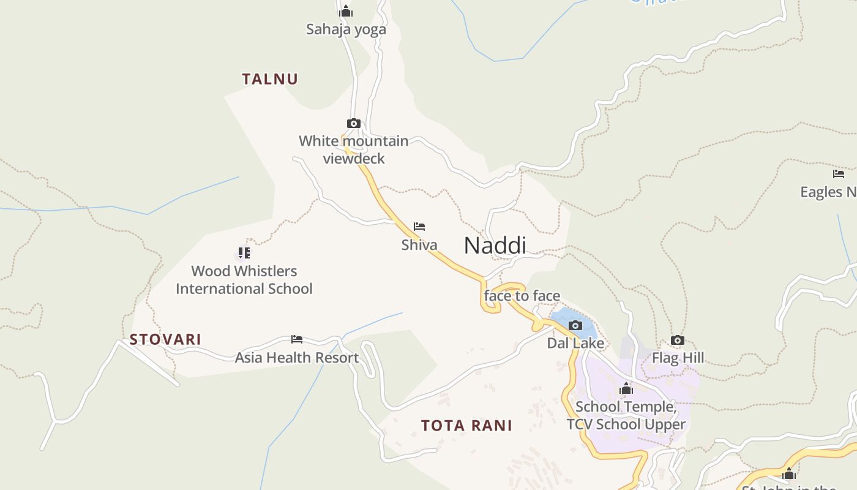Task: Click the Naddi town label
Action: tap(495, 246)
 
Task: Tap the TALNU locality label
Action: tap(270, 79)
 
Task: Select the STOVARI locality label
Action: tap(165, 339)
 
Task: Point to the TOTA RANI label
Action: tap(466, 426)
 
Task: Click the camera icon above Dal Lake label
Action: tap(575, 325)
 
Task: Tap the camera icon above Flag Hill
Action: tap(677, 340)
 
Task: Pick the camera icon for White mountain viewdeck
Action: tap(353, 123)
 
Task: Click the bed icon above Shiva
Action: tap(419, 227)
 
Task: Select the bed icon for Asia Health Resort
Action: tap(297, 339)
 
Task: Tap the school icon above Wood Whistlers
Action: tap(244, 252)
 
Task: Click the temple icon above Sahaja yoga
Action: tap(346, 11)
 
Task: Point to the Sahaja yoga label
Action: tap(346, 29)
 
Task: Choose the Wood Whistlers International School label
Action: tap(244, 280)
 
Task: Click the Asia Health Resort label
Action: tap(297, 358)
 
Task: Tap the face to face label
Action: tap(522, 296)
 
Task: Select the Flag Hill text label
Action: tap(678, 358)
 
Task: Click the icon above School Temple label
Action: tap(626, 388)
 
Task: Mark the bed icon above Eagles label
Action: tap(839, 174)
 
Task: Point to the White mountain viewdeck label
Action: tap(354, 150)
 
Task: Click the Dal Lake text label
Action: tap(575, 344)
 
